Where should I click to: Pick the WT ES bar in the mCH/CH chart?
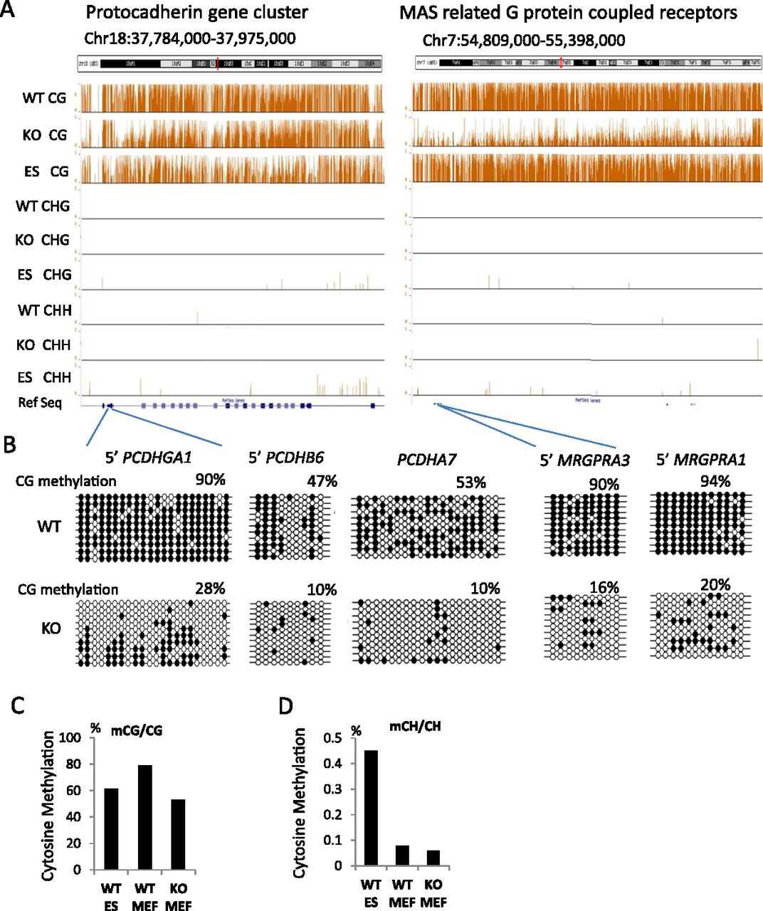pyautogui.click(x=371, y=808)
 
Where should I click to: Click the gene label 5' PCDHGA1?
pyautogui.click(x=149, y=458)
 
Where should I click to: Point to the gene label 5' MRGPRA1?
pyautogui.click(x=700, y=460)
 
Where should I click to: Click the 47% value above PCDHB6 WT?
pyautogui.click(x=322, y=482)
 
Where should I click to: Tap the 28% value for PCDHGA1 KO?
pyautogui.click(x=210, y=589)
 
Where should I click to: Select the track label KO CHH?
pyautogui.click(x=43, y=344)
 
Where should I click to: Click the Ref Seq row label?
pyautogui.click(x=40, y=403)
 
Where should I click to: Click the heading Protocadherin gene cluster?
pyautogui.click(x=196, y=12)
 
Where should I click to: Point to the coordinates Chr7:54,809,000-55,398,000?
pyautogui.click(x=524, y=39)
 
